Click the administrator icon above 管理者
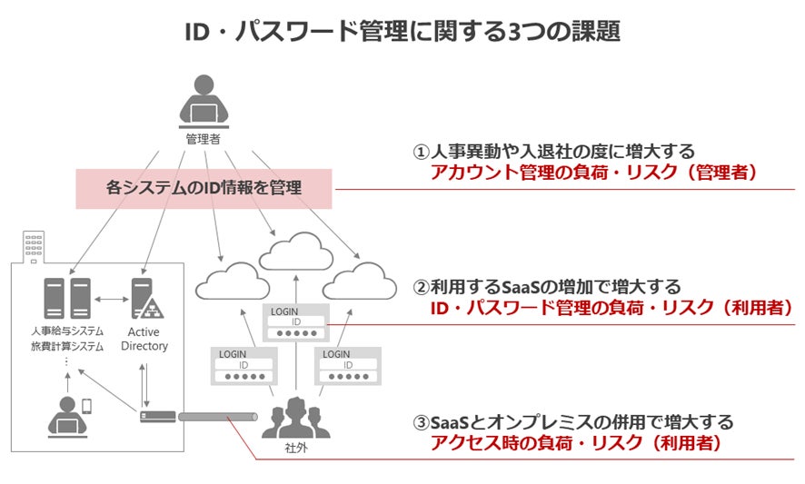204,100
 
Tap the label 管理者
204,139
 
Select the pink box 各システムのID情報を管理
204,188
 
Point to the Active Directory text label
144,339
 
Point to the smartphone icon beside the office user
87,407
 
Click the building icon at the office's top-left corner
33,246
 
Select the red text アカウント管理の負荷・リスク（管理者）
593,173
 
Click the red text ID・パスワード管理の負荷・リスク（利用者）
611,308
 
